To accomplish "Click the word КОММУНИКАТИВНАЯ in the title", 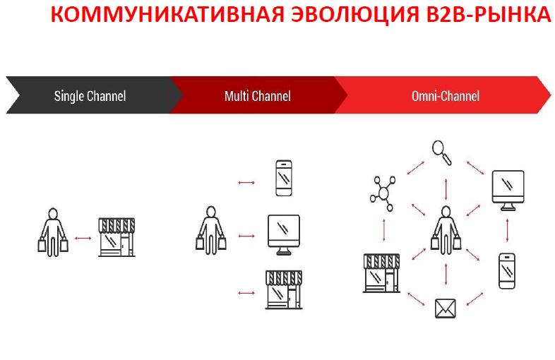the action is [167, 14].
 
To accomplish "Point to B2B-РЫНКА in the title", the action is [489, 14].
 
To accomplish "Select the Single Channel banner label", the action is [90, 96].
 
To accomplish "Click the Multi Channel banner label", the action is [258, 96].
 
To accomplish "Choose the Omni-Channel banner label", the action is [446, 96].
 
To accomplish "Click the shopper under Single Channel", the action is [53, 232].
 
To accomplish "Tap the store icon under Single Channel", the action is [117, 236].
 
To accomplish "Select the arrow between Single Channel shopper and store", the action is [83, 238].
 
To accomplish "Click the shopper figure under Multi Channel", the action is [211, 230].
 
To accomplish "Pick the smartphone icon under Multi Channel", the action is [284, 178].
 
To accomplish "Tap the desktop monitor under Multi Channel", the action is [284, 234].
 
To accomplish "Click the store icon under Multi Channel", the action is [284, 289].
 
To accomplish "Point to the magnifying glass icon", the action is [442, 152].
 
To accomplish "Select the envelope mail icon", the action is [446, 308].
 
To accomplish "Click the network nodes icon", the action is [383, 193].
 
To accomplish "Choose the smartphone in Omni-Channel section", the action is [507, 271].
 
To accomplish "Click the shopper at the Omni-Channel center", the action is [446, 230].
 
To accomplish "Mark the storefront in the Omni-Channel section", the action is [381, 273].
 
